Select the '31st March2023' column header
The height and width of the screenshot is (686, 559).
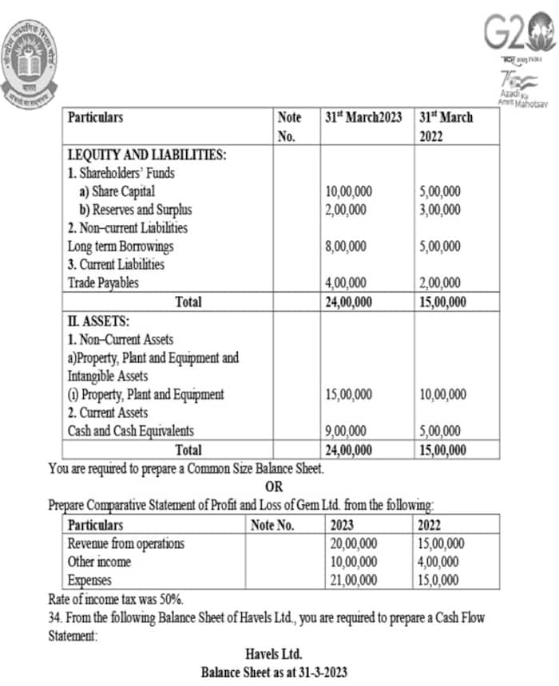coord(364,117)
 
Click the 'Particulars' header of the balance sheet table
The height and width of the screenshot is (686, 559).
coord(95,117)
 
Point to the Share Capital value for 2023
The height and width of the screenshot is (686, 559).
coord(349,191)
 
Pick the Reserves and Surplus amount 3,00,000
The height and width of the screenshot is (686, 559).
coord(439,210)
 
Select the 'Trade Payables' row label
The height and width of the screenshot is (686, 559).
coord(103,283)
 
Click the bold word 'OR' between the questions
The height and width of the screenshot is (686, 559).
coord(274,487)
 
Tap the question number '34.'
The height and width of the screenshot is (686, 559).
coord(57,617)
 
